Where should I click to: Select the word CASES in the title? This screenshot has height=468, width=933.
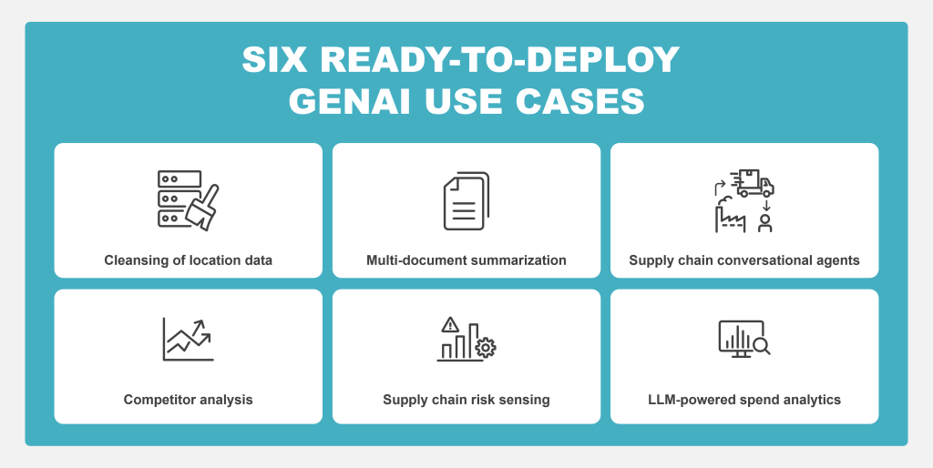(x=580, y=102)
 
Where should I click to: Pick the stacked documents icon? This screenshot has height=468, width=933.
(x=466, y=201)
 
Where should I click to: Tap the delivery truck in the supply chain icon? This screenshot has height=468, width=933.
(x=753, y=183)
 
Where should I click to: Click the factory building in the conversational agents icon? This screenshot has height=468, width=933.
(x=730, y=218)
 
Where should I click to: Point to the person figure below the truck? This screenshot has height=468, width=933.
(x=765, y=223)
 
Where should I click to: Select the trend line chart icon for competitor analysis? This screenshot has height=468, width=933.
(x=188, y=339)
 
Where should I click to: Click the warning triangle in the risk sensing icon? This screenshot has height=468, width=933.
(x=450, y=325)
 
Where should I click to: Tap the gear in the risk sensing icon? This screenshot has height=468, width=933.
(x=487, y=347)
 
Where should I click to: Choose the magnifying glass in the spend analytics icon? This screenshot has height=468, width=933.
(x=761, y=346)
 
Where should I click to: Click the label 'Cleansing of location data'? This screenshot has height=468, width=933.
(x=188, y=260)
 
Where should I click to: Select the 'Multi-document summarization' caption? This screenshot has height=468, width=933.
(x=466, y=260)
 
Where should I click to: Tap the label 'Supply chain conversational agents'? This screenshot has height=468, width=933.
(x=744, y=260)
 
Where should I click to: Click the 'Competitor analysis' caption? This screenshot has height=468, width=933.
(x=188, y=400)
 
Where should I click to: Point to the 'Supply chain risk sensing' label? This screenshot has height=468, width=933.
(x=466, y=400)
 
